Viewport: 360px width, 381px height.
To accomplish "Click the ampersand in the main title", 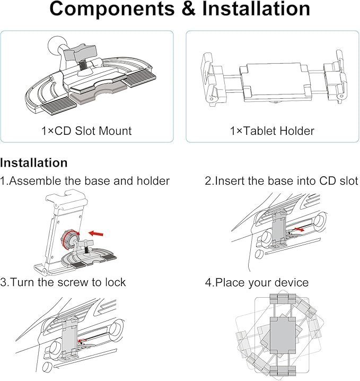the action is click(x=188, y=8).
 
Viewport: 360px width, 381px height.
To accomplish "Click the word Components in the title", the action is click(x=112, y=8).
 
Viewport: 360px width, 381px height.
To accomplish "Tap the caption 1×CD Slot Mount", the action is click(x=86, y=131).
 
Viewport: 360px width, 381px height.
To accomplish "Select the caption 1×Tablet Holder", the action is click(x=272, y=131).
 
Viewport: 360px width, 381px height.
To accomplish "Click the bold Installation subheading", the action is click(x=34, y=162).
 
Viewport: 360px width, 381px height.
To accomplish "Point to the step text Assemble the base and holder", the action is click(x=89, y=181).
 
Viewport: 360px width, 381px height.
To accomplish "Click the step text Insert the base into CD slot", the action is click(x=286, y=181).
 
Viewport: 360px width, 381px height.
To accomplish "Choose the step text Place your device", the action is click(x=262, y=283).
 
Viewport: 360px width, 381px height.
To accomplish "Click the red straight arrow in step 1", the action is click(x=96, y=234).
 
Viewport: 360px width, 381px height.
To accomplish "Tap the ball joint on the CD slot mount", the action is click(x=56, y=45).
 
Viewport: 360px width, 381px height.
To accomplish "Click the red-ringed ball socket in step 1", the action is click(x=69, y=239).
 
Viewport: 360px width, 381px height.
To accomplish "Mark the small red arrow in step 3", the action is click(x=82, y=341).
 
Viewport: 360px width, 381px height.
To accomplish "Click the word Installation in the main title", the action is click(x=256, y=8).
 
